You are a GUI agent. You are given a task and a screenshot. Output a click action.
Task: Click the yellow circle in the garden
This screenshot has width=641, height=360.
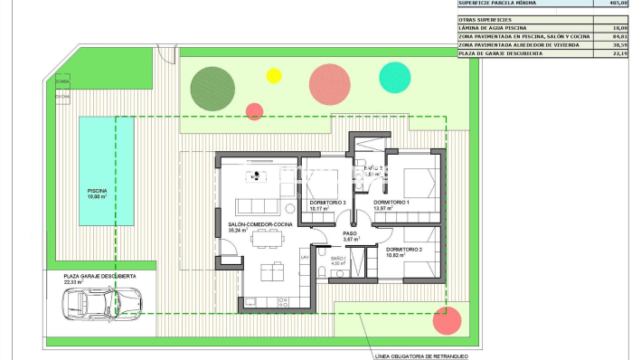pyautogui.click(x=274, y=76)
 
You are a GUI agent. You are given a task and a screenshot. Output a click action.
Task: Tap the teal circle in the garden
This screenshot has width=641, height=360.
pyautogui.click(x=394, y=77)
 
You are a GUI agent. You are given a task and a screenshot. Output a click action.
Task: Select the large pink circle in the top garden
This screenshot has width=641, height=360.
pyautogui.click(x=330, y=83)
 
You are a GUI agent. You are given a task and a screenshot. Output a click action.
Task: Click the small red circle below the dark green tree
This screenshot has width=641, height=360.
pyautogui.click(x=254, y=111)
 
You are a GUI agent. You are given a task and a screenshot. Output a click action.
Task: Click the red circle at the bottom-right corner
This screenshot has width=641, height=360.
pyautogui.click(x=448, y=320)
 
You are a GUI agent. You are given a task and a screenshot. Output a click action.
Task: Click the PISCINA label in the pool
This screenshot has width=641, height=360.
pyautogui.click(x=97, y=192)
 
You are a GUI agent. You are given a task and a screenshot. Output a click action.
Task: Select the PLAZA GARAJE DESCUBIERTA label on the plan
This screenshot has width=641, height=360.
pyautogui.click(x=99, y=275)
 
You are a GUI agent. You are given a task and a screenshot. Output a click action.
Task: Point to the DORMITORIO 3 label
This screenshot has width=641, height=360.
pyautogui.click(x=327, y=202)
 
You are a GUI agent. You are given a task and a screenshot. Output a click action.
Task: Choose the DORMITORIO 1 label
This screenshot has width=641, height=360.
pyautogui.click(x=391, y=202)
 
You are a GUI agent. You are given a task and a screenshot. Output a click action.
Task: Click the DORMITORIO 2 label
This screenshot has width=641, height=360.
pyautogui.click(x=404, y=249)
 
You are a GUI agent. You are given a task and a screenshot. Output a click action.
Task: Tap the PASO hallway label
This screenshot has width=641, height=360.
pyautogui.click(x=350, y=233)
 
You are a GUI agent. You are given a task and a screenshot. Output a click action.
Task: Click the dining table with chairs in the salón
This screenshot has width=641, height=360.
pyautogui.click(x=267, y=238)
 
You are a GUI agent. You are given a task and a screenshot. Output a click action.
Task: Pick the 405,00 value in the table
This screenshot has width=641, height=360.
pyautogui.click(x=617, y=4)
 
